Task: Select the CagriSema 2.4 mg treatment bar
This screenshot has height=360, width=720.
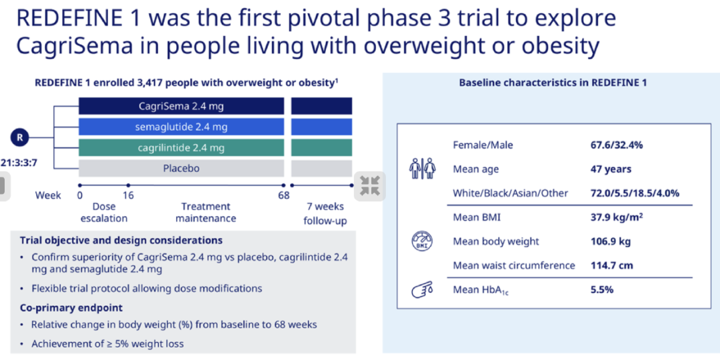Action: tap(181, 106)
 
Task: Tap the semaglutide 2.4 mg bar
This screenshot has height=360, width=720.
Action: tap(181, 127)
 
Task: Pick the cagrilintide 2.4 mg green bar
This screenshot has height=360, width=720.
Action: tap(181, 148)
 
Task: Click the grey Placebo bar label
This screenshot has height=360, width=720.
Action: tap(181, 169)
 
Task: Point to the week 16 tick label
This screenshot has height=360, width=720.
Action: tap(128, 195)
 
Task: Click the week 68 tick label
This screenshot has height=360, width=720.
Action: tap(284, 195)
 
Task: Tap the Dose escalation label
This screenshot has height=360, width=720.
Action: tap(104, 212)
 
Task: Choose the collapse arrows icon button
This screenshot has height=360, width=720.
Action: tap(370, 186)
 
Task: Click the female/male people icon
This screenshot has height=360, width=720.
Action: tap(423, 169)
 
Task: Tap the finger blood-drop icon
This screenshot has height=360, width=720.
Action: tap(421, 290)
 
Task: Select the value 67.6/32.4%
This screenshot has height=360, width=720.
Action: tap(616, 145)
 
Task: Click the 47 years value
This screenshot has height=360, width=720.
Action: tap(611, 169)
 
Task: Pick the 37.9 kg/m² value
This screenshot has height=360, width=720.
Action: tap(616, 217)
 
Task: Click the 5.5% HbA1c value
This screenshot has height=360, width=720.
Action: tap(601, 290)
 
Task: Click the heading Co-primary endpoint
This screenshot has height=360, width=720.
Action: tap(71, 307)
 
